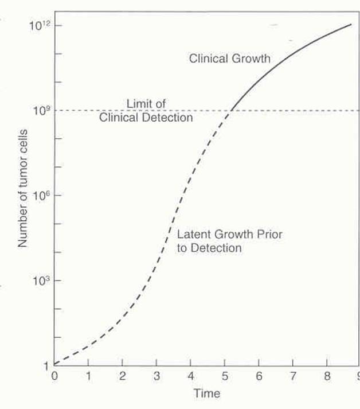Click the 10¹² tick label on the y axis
[x=38, y=26]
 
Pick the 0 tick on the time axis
[x=54, y=376]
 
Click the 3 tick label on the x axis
[x=156, y=376]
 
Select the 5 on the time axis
[x=225, y=376]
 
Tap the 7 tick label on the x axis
[x=292, y=376]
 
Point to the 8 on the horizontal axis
[x=327, y=376]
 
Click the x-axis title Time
[x=207, y=394]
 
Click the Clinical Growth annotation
[x=229, y=58]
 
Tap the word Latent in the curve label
[x=191, y=235]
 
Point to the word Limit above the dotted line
[x=138, y=104]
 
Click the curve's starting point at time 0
[x=54, y=364]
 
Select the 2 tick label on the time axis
[x=122, y=376]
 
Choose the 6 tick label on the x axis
[x=259, y=376]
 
